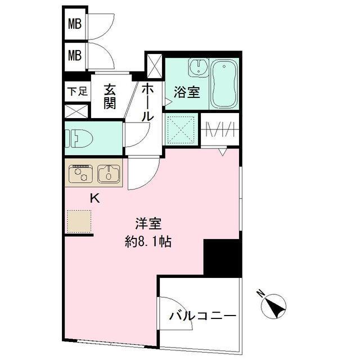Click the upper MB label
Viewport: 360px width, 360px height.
75,24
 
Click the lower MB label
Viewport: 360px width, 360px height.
75,56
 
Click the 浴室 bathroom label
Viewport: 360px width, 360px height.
186,92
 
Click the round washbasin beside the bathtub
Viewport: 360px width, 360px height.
197,68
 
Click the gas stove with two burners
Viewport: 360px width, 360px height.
81,173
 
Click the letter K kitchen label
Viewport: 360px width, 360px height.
95,197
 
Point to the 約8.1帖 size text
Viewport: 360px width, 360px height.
148,243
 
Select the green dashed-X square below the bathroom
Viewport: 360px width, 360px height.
181,130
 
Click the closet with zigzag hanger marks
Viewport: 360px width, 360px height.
220,130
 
